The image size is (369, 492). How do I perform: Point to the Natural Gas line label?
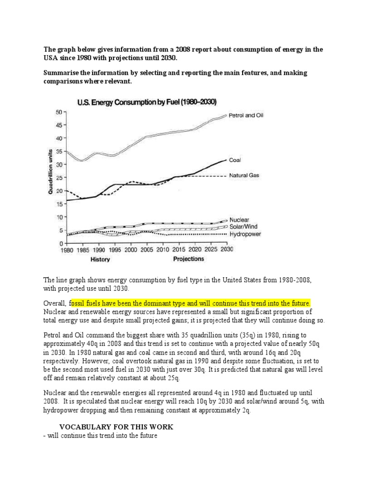click(244, 176)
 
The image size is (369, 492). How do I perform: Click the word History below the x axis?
click(100, 259)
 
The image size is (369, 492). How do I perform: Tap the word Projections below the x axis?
click(188, 259)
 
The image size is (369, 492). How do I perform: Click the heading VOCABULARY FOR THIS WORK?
click(116, 427)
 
